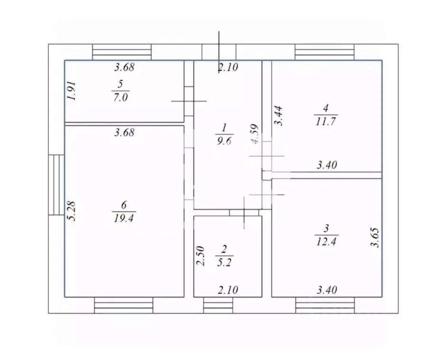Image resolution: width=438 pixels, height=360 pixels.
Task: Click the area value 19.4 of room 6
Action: tap(124, 218)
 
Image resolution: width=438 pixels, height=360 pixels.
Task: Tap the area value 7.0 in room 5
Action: tap(121, 97)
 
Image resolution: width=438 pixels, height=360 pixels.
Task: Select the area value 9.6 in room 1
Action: tap(224, 141)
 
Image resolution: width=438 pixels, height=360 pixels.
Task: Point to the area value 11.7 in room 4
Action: tap(326, 121)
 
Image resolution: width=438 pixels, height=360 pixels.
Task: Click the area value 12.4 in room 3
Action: tap(326, 241)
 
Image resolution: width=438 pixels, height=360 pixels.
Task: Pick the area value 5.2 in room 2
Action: tap(224, 263)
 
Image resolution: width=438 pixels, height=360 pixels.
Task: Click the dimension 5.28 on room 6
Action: tap(72, 211)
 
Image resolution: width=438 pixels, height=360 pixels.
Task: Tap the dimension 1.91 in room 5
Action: tap(72, 91)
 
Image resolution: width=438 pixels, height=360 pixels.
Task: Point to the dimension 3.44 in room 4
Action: tap(278, 116)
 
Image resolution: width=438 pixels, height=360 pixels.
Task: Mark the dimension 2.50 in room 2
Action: tap(201, 256)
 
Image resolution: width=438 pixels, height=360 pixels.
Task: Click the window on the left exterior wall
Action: tap(56, 185)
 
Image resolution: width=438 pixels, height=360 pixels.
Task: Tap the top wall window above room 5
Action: tap(122, 52)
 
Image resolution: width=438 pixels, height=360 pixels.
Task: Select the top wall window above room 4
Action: tap(325, 52)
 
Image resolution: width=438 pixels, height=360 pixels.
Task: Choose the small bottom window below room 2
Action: tap(218, 305)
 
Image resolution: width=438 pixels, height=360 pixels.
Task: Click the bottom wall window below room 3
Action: tap(325, 305)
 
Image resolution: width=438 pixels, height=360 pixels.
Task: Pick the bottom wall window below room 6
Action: tap(124, 305)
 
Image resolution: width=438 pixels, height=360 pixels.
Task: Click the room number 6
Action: tap(124, 205)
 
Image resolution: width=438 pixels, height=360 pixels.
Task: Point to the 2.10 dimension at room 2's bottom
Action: tap(228, 290)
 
